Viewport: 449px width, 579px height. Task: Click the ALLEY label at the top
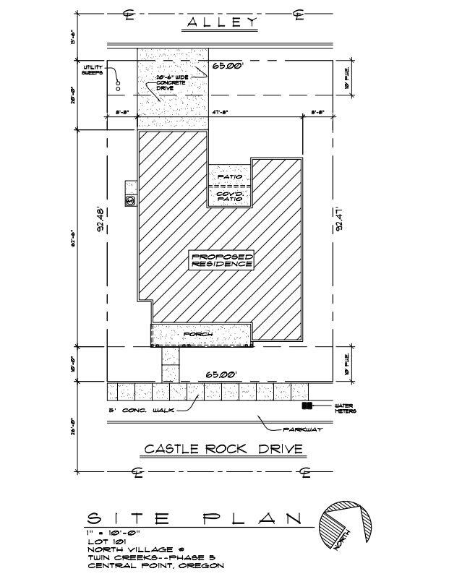[222, 23]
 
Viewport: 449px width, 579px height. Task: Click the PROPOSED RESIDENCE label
[222, 261]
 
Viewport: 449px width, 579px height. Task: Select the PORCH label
[198, 335]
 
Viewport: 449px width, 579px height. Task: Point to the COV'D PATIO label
[228, 196]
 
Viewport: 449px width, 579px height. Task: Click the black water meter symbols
[307, 406]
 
